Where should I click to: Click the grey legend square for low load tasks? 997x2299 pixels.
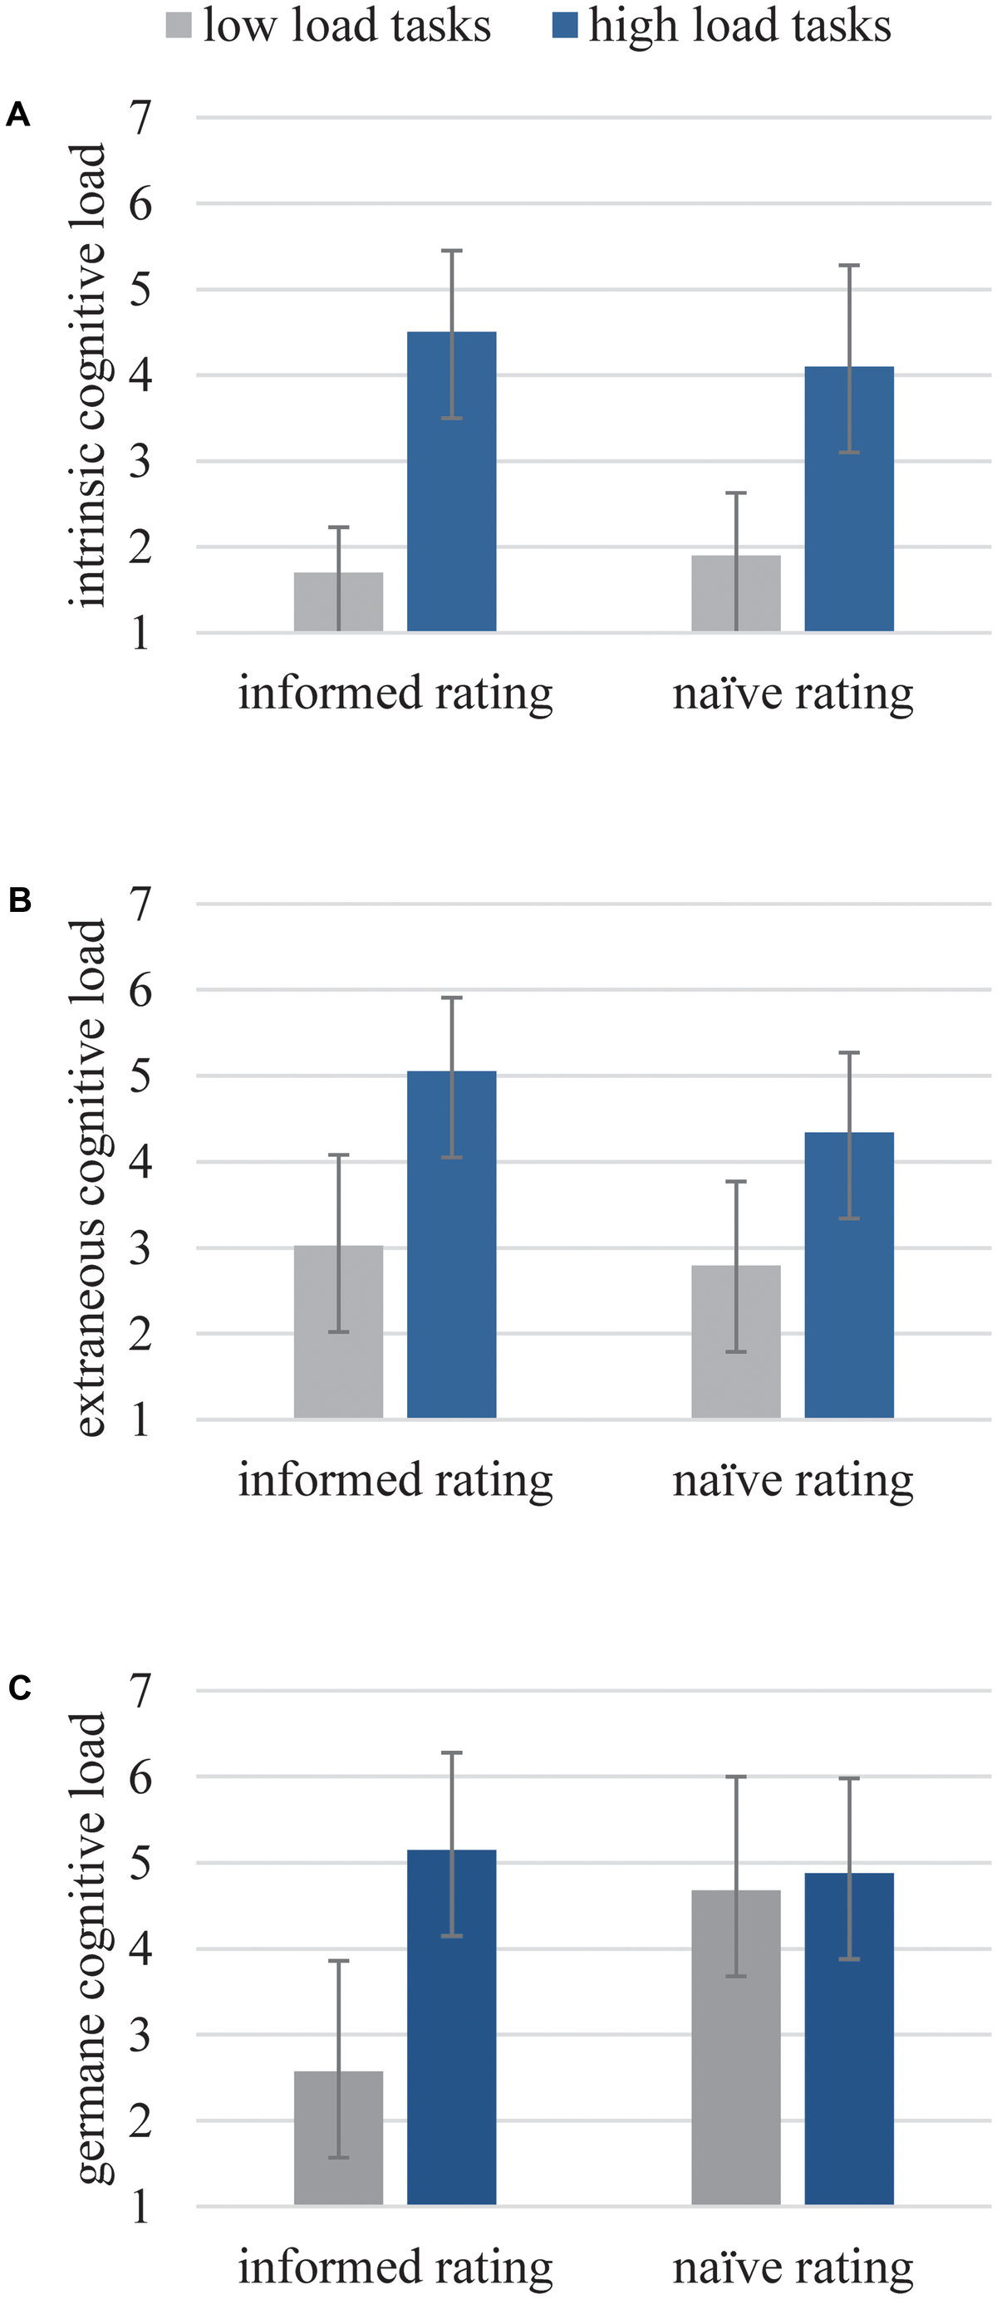179,25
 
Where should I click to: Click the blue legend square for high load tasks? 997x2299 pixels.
564,25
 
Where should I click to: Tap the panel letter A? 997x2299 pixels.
17,115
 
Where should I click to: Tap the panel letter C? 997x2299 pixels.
19,1689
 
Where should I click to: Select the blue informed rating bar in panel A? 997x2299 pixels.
452,482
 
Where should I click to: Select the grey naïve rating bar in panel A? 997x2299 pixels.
735,595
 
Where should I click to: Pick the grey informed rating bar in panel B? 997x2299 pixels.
338,1331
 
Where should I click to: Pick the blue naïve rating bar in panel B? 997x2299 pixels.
849,1276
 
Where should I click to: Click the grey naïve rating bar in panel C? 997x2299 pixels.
735,2047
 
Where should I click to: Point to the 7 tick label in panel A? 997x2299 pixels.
140,118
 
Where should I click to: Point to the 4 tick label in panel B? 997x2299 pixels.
140,1162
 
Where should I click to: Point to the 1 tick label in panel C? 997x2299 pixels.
140,2207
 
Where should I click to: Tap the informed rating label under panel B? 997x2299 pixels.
395,1480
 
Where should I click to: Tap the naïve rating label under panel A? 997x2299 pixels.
793,694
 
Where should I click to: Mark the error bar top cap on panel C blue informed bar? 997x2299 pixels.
452,1752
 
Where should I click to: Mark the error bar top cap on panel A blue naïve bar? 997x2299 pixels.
849,265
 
